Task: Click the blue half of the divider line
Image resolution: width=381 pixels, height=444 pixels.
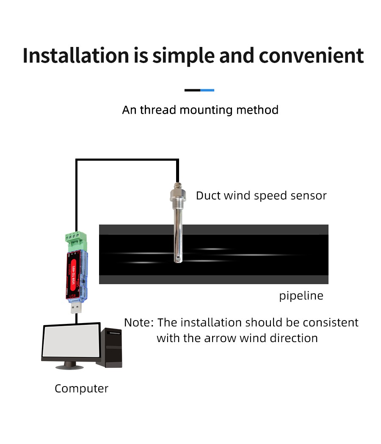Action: [207, 90]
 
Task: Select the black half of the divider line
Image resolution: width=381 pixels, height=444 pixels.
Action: [192, 90]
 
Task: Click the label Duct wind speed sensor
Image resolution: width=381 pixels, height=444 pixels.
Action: [261, 196]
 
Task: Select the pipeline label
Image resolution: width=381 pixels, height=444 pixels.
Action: [301, 296]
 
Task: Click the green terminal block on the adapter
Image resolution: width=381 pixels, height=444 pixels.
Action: [76, 241]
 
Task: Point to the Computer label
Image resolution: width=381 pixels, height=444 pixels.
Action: [81, 389]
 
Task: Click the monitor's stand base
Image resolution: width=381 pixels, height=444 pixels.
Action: [70, 365]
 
